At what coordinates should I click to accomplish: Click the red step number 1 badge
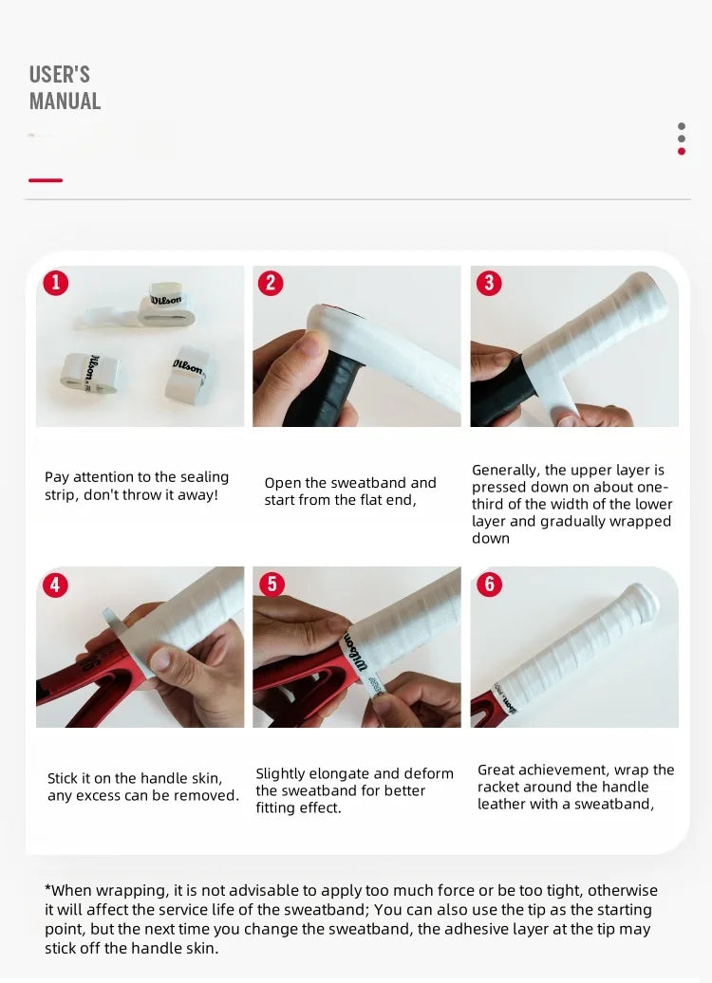pyautogui.click(x=56, y=283)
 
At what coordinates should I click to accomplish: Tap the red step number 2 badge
pyautogui.click(x=271, y=283)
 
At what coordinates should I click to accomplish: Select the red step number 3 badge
pyautogui.click(x=489, y=283)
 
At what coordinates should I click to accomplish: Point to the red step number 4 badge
pyautogui.click(x=55, y=584)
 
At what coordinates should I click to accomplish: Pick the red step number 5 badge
pyautogui.click(x=272, y=584)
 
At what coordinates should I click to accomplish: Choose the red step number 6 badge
pyautogui.click(x=489, y=584)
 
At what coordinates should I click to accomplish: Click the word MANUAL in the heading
pyautogui.click(x=65, y=101)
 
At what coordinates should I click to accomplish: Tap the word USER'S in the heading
pyautogui.click(x=60, y=75)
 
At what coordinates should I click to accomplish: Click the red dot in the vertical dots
pyautogui.click(x=682, y=151)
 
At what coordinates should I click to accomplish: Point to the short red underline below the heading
pyautogui.click(x=46, y=180)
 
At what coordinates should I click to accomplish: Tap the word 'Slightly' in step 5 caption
pyautogui.click(x=279, y=774)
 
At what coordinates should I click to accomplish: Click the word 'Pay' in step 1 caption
pyautogui.click(x=55, y=477)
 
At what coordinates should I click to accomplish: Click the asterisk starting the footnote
pyautogui.click(x=47, y=888)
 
